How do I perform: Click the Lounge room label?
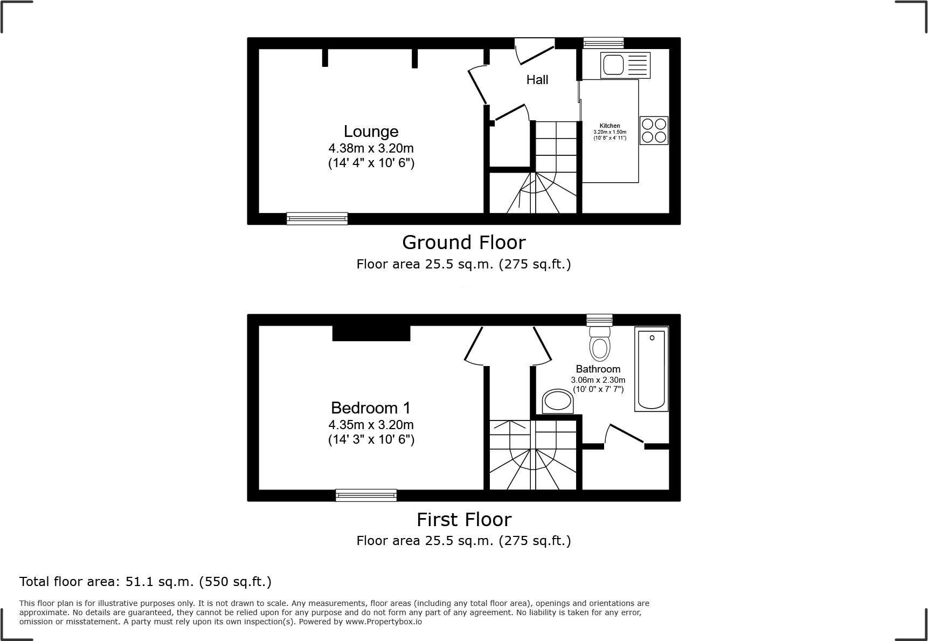click(x=371, y=132)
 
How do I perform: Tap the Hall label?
click(x=537, y=80)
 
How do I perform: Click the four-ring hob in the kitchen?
click(x=654, y=130)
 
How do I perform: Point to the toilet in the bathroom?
click(x=600, y=343)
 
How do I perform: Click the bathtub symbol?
click(x=651, y=369)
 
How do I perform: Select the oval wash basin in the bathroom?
click(x=557, y=401)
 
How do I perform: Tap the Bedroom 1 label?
click(x=371, y=408)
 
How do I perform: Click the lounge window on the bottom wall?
click(x=317, y=218)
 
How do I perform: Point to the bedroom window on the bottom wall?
click(x=366, y=495)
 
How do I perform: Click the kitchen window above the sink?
click(x=603, y=43)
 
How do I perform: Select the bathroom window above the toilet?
click(x=599, y=320)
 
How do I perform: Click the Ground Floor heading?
click(x=463, y=243)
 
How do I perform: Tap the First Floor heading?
click(x=463, y=519)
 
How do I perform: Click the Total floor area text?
click(x=145, y=582)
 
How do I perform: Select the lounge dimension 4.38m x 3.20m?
click(x=371, y=148)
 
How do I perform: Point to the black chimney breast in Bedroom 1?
click(x=371, y=333)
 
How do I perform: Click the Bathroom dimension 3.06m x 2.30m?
click(x=598, y=380)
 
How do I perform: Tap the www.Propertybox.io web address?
click(x=384, y=622)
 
